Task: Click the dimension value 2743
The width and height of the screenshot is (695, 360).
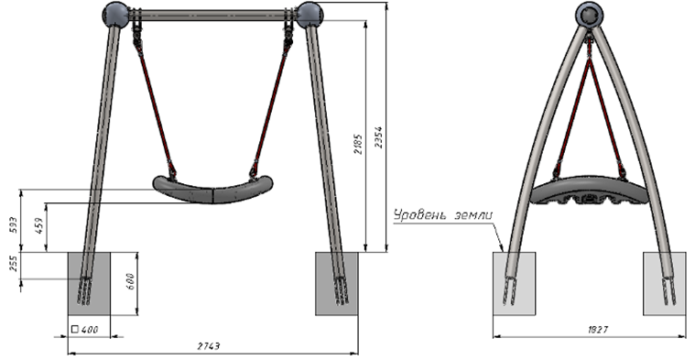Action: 209,346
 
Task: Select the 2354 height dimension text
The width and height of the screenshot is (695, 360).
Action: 378,137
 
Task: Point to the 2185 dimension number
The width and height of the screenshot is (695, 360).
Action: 358,143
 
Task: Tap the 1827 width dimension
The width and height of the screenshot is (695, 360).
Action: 598,330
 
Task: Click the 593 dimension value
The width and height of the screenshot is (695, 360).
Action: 14,226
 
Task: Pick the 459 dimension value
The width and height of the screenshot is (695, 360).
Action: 39,226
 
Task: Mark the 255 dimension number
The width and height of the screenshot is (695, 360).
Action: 14,264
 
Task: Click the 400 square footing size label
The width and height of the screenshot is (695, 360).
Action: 90,330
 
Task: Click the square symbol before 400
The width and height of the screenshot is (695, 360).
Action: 74,330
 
